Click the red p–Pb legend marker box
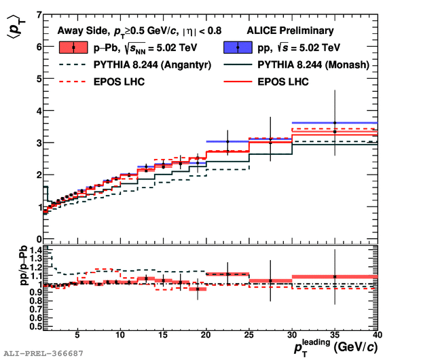73,48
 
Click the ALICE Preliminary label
299,30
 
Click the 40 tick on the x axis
377,335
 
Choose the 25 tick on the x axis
249,335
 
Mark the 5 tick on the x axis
77,335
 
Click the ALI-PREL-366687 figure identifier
43,354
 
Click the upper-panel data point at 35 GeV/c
334,123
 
